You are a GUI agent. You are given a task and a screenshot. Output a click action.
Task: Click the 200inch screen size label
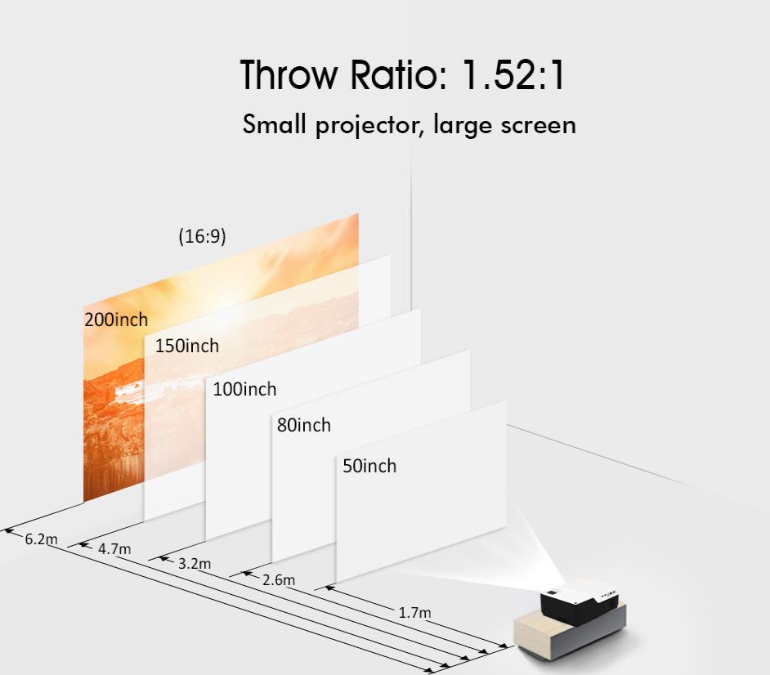coord(116,320)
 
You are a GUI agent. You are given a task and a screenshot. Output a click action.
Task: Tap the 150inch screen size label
coord(187,346)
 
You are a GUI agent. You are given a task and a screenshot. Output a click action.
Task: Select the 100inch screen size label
coord(244,389)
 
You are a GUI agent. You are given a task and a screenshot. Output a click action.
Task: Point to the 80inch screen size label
coord(304,425)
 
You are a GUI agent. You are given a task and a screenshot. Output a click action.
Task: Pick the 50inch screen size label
coord(369,466)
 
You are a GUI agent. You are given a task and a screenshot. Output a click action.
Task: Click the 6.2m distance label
coord(41,539)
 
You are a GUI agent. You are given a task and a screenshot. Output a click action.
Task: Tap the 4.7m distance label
coord(114,549)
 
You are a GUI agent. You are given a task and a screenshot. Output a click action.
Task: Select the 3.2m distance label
coord(195,564)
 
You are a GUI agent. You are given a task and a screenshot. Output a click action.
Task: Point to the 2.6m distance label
coord(279,579)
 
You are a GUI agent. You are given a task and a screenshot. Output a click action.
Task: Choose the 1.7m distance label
coord(414,613)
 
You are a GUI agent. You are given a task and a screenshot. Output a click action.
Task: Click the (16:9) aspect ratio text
coord(203,236)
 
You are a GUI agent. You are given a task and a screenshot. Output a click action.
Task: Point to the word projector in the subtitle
coord(369,126)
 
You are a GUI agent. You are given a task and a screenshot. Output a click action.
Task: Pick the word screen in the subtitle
coord(538,126)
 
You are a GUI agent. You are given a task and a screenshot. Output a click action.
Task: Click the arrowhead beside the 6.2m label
coord(9,530)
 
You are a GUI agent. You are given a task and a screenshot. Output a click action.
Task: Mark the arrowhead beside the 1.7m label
coord(330,587)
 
